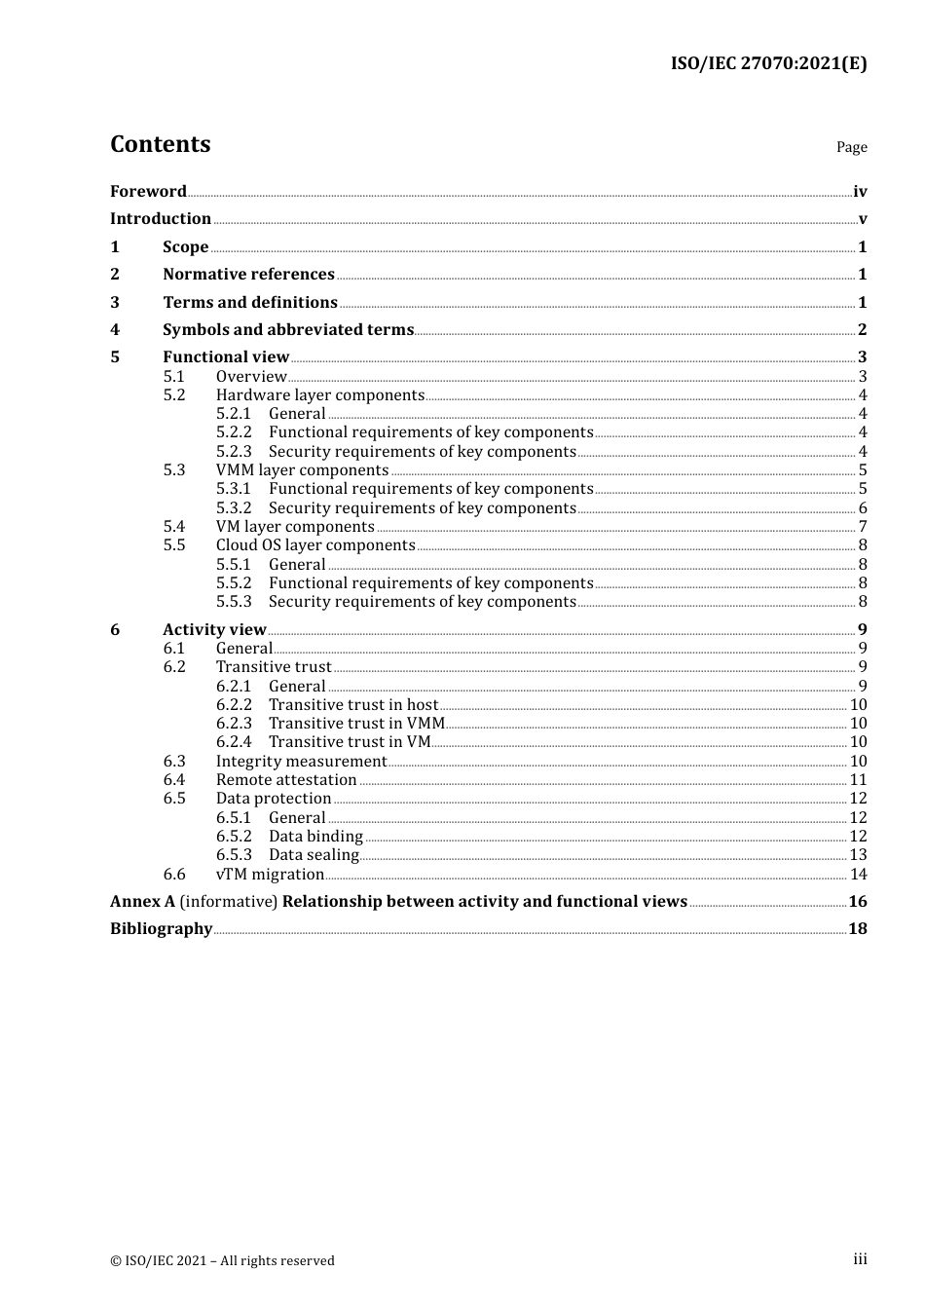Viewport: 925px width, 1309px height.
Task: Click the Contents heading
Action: (160, 144)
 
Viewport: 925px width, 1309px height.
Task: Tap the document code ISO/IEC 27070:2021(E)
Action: (768, 64)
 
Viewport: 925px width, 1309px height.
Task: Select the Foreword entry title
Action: (148, 192)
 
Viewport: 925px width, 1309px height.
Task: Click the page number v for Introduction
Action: (862, 219)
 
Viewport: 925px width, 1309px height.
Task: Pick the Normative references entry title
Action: (248, 275)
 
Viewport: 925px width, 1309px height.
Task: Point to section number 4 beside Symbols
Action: (115, 330)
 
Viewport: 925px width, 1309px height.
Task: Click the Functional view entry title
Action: (226, 357)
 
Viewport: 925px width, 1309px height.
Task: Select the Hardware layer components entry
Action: (319, 395)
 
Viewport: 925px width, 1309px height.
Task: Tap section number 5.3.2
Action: (234, 508)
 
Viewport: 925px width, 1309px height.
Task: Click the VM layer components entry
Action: (294, 527)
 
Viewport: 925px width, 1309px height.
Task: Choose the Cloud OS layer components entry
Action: (315, 545)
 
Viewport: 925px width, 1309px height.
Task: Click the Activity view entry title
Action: (214, 630)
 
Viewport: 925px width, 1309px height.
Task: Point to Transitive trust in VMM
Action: (356, 724)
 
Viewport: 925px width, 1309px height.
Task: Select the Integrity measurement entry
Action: (301, 762)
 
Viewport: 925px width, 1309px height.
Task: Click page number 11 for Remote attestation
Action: (858, 780)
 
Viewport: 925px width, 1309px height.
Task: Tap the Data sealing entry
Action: (314, 855)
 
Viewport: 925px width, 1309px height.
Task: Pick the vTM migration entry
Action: (270, 875)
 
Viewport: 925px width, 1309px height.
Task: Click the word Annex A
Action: (142, 902)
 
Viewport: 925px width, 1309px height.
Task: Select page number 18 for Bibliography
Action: (857, 929)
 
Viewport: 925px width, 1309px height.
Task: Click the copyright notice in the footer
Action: (222, 1261)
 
